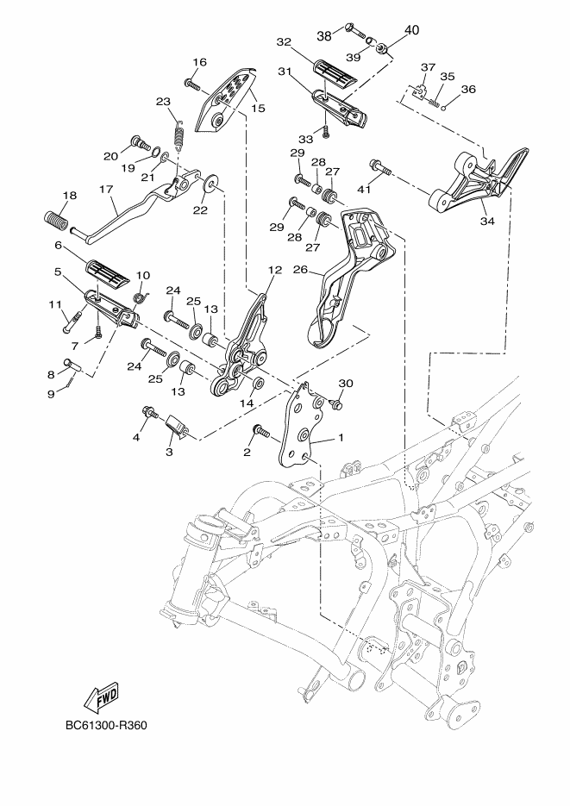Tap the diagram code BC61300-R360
tap(105, 725)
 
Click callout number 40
tap(410, 30)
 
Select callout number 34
tap(488, 221)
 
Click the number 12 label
tap(274, 270)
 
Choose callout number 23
tap(163, 102)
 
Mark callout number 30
tap(346, 383)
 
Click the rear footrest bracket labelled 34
tap(470, 183)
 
